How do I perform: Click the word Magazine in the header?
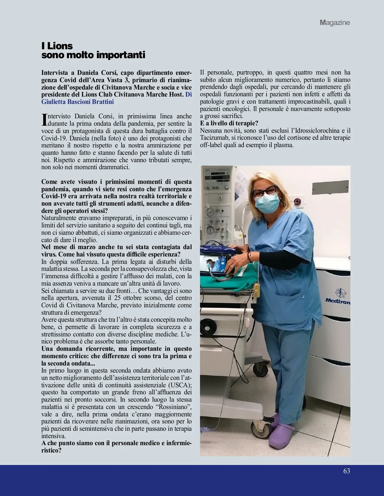click(x=335, y=23)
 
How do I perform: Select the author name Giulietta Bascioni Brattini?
click(x=78, y=102)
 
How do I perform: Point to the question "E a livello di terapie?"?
click(x=229, y=123)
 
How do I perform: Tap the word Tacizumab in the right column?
click(x=215, y=138)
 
